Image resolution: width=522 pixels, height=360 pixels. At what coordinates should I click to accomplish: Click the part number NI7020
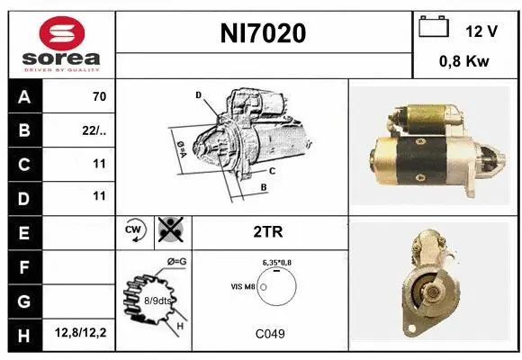coord(264,34)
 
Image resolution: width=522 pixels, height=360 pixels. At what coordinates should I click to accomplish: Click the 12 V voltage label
coord(481,31)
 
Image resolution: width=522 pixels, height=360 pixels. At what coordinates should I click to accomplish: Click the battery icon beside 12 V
coord(434,28)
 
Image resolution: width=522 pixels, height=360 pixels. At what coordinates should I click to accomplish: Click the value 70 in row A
coord(99,97)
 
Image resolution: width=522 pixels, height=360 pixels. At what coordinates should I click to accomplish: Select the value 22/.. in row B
coord(94,130)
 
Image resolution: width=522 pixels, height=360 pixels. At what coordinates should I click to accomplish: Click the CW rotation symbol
coord(133,230)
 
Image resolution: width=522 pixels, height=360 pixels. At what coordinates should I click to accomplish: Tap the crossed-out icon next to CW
coord(168,230)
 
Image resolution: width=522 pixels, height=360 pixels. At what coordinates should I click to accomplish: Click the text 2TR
coord(270,230)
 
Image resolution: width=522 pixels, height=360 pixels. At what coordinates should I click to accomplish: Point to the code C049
coord(270,334)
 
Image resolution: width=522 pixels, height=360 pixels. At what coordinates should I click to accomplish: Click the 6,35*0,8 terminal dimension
coord(277,262)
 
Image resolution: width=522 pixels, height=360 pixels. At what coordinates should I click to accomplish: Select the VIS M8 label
coord(243,286)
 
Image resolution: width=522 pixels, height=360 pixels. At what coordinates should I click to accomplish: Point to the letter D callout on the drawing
coord(198,94)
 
